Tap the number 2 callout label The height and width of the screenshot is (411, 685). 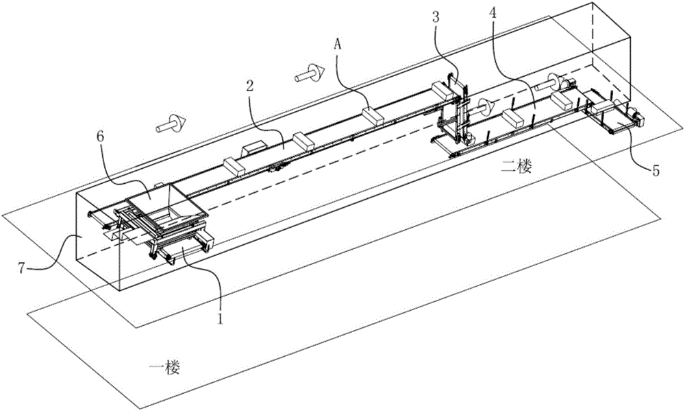pyautogui.click(x=249, y=86)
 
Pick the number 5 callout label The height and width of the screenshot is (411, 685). pyautogui.click(x=656, y=170)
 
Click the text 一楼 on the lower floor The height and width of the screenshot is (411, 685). pyautogui.click(x=164, y=367)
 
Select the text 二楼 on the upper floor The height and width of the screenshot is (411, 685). pyautogui.click(x=516, y=166)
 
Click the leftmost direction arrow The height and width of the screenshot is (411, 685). pyautogui.click(x=171, y=124)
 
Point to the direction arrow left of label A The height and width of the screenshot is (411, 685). pyautogui.click(x=310, y=73)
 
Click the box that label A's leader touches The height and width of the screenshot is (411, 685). pyautogui.click(x=373, y=117)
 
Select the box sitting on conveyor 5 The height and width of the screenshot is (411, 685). pyautogui.click(x=603, y=108)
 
